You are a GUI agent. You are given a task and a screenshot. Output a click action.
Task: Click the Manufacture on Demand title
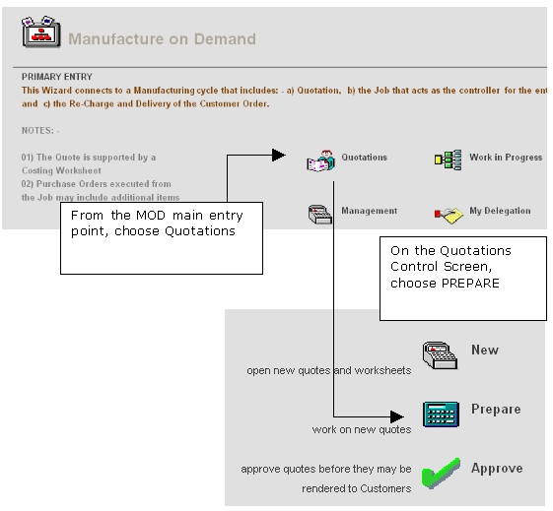[x=162, y=38]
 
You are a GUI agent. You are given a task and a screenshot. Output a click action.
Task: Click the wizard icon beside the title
[x=41, y=32]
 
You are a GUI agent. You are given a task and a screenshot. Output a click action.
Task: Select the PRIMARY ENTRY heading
[x=57, y=77]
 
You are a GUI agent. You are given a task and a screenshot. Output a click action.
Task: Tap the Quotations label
[x=364, y=158]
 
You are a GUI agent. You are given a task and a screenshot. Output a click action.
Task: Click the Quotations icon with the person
[x=320, y=161]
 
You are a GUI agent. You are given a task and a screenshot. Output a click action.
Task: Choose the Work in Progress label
[x=506, y=158]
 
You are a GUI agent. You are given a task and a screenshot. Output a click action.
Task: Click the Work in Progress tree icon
[x=448, y=160]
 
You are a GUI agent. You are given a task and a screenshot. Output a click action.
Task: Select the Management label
[x=369, y=211]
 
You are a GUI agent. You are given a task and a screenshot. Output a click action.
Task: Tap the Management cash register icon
[x=319, y=214]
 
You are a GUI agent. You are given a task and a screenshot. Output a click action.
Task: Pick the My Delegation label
[x=500, y=211]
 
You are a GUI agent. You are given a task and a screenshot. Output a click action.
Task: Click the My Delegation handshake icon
[x=449, y=216]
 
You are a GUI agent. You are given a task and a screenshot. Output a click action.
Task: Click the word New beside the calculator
[x=485, y=350]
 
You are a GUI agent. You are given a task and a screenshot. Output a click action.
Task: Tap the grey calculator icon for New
[x=441, y=355]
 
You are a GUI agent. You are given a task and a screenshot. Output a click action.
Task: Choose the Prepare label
[x=496, y=410]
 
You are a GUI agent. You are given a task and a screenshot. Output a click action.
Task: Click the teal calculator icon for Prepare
[x=441, y=415]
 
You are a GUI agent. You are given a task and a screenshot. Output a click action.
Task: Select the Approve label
[x=497, y=469]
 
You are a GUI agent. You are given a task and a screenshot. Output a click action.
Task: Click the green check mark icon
[x=441, y=474]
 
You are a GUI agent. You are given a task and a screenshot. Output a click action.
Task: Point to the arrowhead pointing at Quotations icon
[x=279, y=155]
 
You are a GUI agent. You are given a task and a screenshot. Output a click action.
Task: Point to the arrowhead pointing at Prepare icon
[x=397, y=416]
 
